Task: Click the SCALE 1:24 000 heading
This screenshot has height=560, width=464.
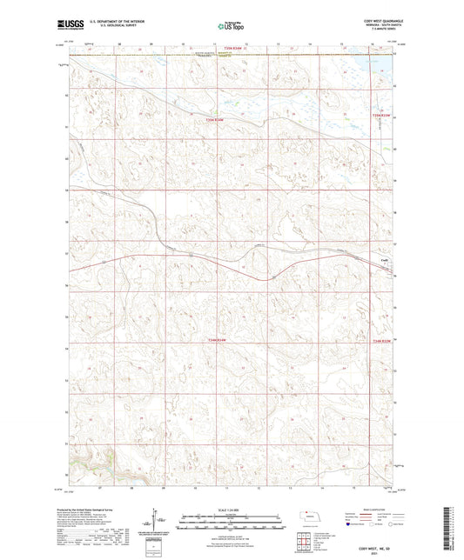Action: pos(231,509)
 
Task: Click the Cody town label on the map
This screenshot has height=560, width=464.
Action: pos(383,259)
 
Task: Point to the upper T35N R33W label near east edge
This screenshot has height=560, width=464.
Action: pos(382,114)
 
